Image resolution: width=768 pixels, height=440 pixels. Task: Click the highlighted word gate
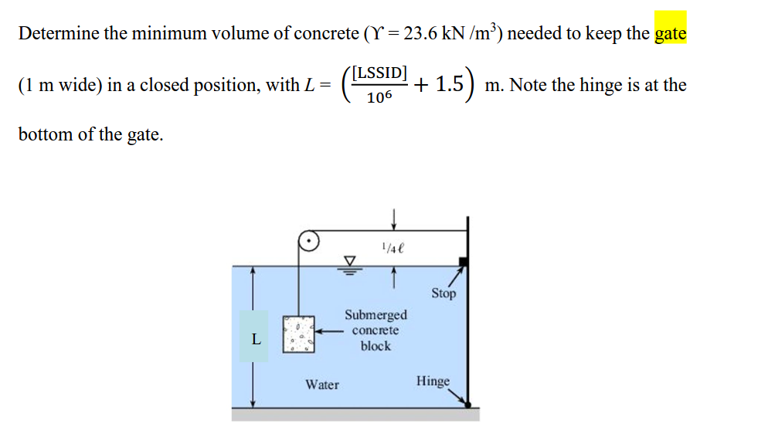point(670,35)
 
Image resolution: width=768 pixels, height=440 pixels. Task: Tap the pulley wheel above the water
point(309,242)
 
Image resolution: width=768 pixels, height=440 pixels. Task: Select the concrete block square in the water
point(298,334)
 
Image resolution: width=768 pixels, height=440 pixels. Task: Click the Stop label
point(443,293)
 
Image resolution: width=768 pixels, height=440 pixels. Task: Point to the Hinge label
point(433,381)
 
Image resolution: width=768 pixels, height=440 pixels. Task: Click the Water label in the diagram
point(321,384)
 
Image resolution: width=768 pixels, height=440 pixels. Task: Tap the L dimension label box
point(255,337)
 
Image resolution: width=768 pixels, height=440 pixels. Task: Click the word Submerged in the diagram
point(376,315)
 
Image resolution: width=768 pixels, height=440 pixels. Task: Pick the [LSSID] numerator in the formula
point(378,74)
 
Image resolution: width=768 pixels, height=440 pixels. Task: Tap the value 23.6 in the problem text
point(424,35)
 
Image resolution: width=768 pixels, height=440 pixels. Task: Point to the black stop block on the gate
point(461,262)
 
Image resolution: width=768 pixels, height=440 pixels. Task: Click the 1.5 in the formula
point(450,84)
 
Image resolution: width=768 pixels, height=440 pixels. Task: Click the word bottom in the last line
point(44,134)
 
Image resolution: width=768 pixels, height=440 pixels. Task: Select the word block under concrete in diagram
point(376,346)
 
